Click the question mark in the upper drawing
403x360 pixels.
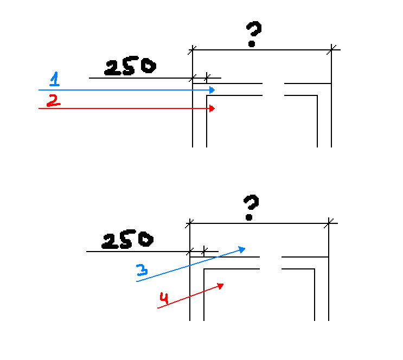[x=253, y=34]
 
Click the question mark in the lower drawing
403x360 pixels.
[x=251, y=208]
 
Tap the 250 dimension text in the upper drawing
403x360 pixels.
[x=130, y=66]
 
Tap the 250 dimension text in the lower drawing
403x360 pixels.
[x=127, y=240]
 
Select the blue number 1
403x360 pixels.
[x=54, y=79]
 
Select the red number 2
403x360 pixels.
[x=53, y=100]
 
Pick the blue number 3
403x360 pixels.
[x=142, y=270]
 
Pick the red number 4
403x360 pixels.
[x=164, y=298]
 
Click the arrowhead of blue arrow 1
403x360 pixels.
[x=212, y=90]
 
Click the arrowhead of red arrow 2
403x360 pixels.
[x=212, y=108]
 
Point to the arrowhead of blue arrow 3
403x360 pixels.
[x=242, y=249]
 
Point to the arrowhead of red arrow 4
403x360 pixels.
[x=221, y=286]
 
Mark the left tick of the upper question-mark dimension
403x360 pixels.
[x=192, y=50]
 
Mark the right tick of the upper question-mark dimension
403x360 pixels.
[x=331, y=50]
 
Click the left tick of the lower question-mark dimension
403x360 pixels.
[x=190, y=223]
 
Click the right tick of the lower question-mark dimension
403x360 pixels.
[x=329, y=223]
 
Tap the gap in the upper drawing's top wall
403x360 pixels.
[x=273, y=89]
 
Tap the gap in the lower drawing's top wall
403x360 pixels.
[x=271, y=263]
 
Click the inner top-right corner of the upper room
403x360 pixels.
[x=317, y=95]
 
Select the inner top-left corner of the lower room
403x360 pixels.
[x=204, y=269]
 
